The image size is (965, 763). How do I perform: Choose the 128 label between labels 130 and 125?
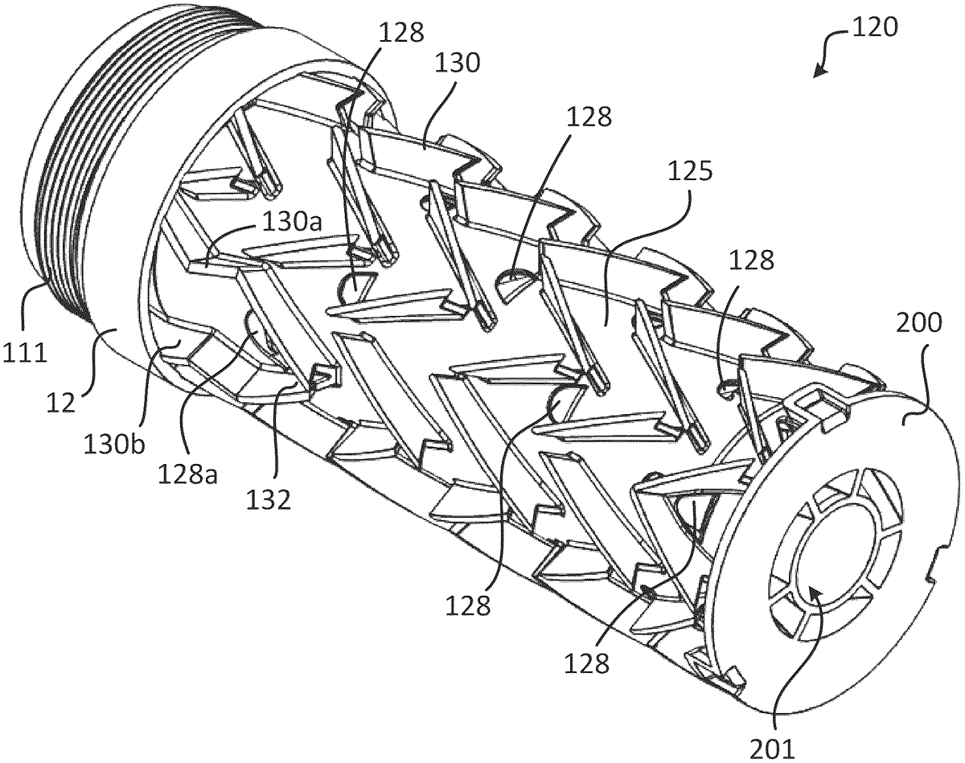[589, 117]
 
